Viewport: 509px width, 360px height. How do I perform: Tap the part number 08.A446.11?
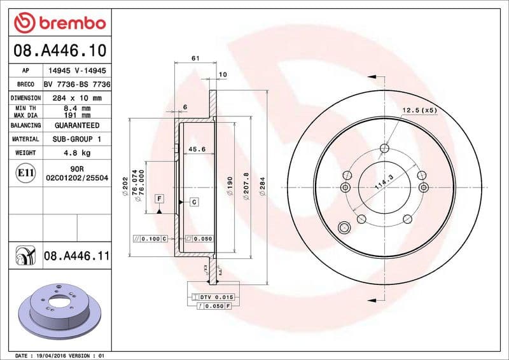pos(77,256)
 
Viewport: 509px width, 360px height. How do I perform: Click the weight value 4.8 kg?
pos(76,153)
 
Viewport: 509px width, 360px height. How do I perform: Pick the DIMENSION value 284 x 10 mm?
pos(76,98)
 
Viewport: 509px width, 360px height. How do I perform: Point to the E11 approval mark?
pos(25,172)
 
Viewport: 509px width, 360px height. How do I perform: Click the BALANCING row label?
pos(25,125)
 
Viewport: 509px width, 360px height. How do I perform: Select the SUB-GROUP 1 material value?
pos(76,139)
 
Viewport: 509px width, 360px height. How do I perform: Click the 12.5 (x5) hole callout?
pos(419,111)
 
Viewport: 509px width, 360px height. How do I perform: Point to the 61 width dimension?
pos(195,59)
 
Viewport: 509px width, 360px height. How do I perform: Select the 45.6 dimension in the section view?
pos(197,150)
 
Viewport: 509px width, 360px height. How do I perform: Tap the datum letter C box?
pos(193,202)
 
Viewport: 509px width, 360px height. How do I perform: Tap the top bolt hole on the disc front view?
pos(384,149)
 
